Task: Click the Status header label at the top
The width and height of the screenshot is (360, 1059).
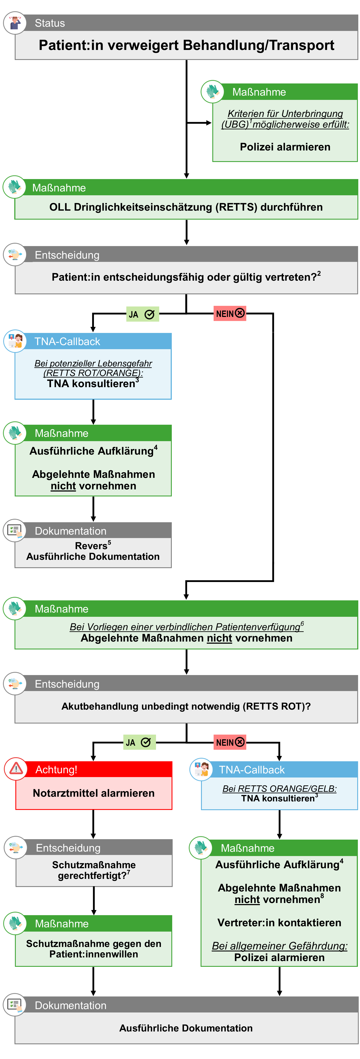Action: click(x=50, y=23)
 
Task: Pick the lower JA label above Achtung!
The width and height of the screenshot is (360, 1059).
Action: click(x=139, y=742)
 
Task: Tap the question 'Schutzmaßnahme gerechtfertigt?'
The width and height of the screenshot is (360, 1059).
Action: click(x=94, y=870)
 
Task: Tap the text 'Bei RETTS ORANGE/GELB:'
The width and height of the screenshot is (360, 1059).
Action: click(x=280, y=789)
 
